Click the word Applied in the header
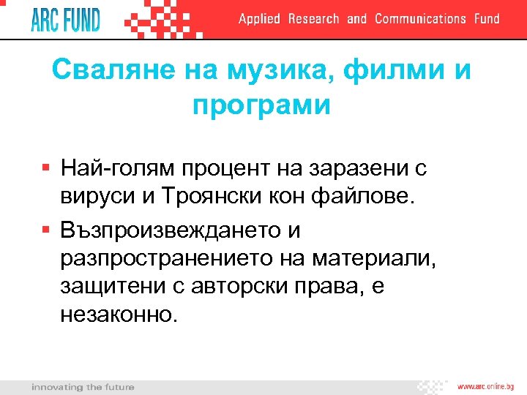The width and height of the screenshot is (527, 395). click(x=259, y=19)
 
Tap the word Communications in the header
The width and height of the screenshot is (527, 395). click(x=420, y=19)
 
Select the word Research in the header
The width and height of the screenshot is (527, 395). click(x=313, y=19)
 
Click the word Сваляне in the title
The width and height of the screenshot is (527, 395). click(x=100, y=72)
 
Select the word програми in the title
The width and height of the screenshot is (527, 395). click(x=262, y=105)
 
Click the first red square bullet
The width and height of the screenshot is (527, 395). click(x=45, y=168)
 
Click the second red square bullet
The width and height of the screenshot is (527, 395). click(x=45, y=230)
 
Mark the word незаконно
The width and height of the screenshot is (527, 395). click(x=119, y=315)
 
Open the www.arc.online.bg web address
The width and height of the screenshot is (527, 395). click(x=487, y=385)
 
